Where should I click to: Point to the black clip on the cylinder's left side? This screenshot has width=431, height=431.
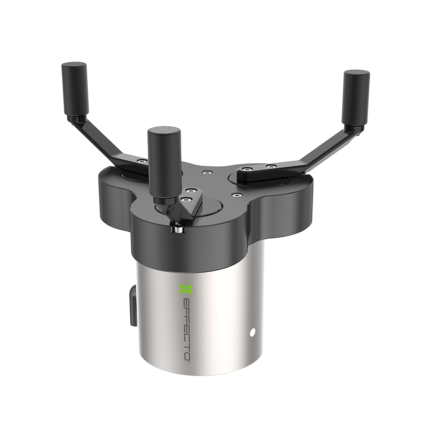click(x=133, y=306)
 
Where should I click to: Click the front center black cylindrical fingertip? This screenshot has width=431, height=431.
click(x=164, y=165)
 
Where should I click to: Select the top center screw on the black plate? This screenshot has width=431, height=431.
click(x=206, y=172)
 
